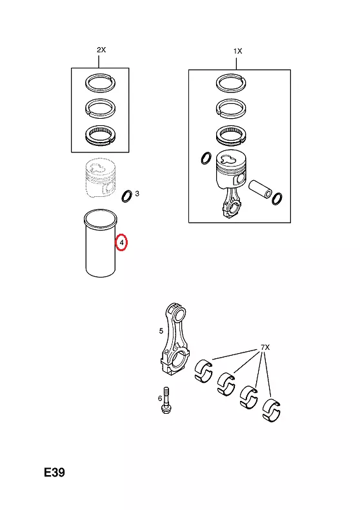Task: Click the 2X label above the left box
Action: (x=101, y=50)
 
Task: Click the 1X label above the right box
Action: (x=237, y=51)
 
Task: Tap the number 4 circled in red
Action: (x=121, y=243)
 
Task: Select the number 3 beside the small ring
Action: (x=137, y=194)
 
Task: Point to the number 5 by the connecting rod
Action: (x=161, y=331)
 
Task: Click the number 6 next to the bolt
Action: (x=160, y=398)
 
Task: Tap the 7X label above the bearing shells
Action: (x=265, y=348)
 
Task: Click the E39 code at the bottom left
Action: (x=55, y=473)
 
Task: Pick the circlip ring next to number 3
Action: (x=126, y=196)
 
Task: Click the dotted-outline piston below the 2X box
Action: (x=100, y=178)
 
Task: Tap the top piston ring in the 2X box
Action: (x=101, y=83)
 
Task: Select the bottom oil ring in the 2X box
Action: (x=101, y=136)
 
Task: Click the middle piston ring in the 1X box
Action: (x=231, y=108)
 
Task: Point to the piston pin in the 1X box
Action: (x=260, y=189)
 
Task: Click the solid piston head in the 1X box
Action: (x=231, y=171)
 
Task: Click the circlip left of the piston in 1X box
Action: (x=206, y=158)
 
